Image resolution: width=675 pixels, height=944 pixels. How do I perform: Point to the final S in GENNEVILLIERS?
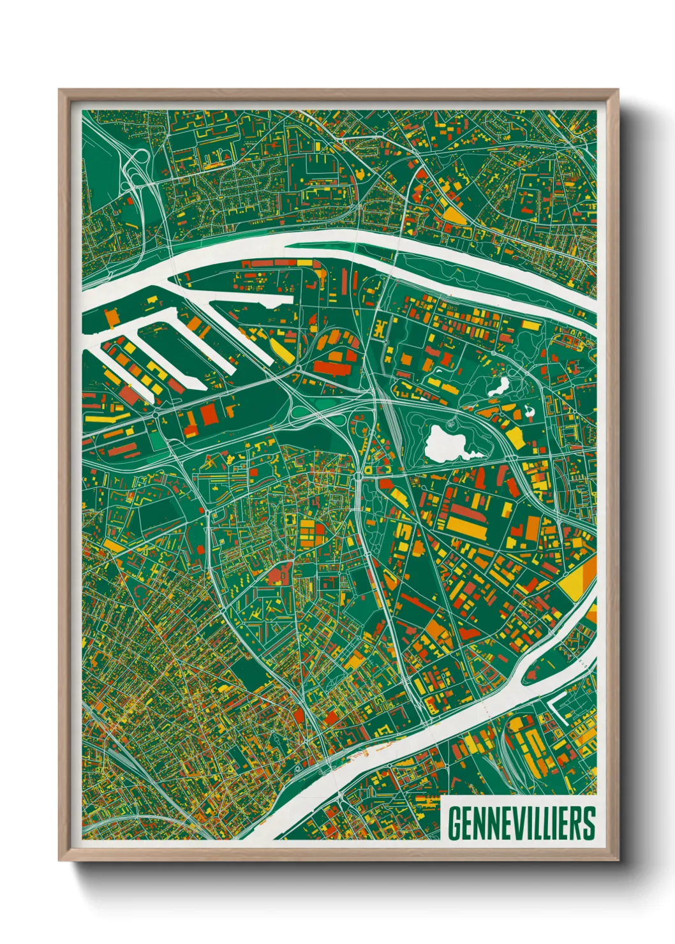588,823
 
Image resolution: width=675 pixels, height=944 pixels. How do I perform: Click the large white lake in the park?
446,444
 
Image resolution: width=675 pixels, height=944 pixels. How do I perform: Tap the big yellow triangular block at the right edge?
578,577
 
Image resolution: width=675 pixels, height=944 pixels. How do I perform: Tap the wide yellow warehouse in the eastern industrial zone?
466,527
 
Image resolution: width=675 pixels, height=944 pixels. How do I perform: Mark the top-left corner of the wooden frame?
60,91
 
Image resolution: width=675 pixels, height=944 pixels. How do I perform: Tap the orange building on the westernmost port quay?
111,317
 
